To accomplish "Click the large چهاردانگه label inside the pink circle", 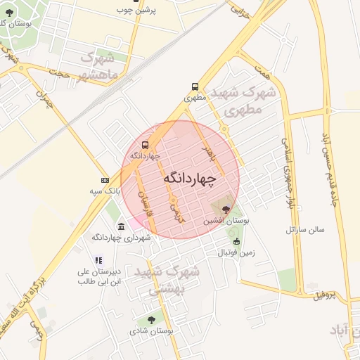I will tap(188, 179).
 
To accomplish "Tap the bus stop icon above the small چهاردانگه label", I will tap(146, 146).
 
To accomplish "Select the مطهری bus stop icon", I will tap(195, 87).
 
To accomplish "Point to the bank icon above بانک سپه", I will tap(105, 181).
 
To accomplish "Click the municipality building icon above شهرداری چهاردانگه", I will tap(122, 226).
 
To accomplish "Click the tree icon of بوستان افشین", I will tap(226, 209).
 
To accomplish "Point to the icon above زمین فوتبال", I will tap(236, 241).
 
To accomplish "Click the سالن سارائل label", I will tap(304, 230).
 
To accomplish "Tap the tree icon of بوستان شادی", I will tap(151, 320).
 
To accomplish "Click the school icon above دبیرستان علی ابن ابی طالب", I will tap(98, 261).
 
